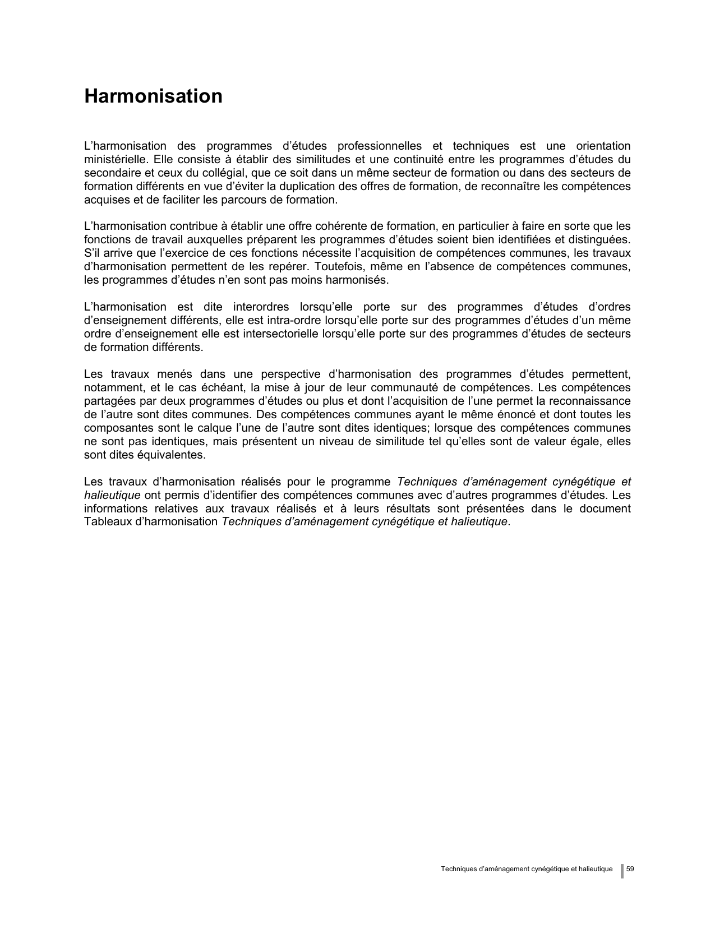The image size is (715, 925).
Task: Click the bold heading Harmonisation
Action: tap(153, 96)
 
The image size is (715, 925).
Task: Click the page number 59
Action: tap(630, 869)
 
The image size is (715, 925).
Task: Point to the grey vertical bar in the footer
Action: tap(622, 871)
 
